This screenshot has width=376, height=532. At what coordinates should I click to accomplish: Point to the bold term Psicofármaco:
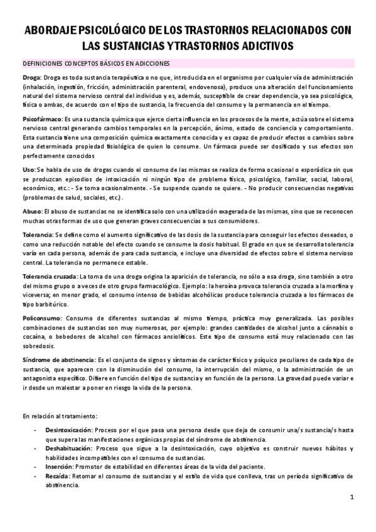[42, 118]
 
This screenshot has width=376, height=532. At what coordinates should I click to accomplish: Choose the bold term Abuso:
[32, 194]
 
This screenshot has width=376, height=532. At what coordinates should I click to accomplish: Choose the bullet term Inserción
[58, 467]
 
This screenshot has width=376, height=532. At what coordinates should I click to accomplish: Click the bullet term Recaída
[57, 476]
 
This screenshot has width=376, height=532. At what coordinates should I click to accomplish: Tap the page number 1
[353, 498]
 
